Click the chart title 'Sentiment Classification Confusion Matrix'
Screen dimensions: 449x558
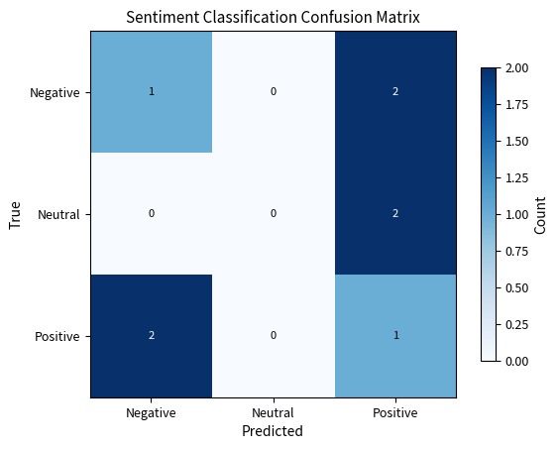click(273, 17)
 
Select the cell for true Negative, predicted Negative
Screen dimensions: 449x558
click(151, 92)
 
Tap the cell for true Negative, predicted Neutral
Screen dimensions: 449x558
click(273, 92)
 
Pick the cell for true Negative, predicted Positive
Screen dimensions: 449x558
click(394, 92)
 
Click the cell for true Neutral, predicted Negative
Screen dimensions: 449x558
click(151, 214)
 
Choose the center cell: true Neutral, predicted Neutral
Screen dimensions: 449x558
click(273, 214)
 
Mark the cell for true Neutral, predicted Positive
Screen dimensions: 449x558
click(394, 214)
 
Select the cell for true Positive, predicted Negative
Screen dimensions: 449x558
click(151, 336)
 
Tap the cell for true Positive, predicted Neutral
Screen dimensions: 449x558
click(273, 336)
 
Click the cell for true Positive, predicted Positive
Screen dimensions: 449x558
click(394, 336)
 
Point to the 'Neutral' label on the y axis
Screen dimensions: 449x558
click(58, 214)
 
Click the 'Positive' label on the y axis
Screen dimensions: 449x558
click(57, 336)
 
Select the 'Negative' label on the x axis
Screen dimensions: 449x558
click(151, 412)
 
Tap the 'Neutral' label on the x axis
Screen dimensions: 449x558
click(273, 412)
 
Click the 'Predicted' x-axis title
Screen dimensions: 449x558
click(273, 431)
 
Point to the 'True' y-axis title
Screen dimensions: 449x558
click(16, 214)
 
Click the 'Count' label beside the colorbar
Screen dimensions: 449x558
click(540, 214)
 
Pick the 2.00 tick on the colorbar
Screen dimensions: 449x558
click(516, 68)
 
